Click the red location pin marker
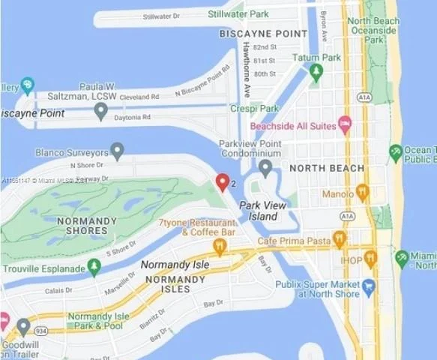222,181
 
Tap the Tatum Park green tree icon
316,72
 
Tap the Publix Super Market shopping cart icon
368,286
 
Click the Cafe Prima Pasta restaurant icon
340,239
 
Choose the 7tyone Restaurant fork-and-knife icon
220,246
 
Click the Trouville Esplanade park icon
94,267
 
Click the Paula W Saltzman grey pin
101,111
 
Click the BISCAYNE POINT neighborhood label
263,34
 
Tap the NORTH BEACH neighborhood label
328,168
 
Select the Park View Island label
259,211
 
